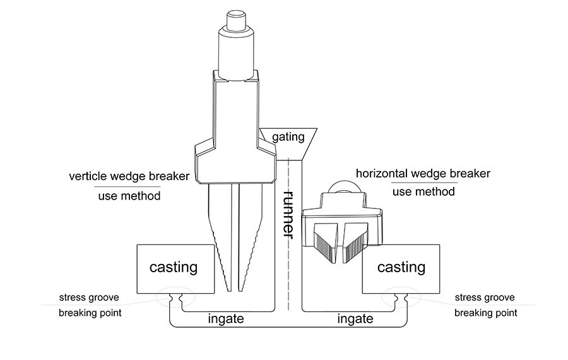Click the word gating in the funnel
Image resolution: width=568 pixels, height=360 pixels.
(288, 136)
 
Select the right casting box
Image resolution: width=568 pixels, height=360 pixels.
(401, 268)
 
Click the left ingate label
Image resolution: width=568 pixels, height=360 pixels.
(225, 319)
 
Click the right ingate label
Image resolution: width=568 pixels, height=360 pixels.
(355, 319)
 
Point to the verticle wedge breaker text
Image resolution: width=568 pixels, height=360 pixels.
(129, 176)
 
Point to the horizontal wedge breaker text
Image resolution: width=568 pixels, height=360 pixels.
(423, 173)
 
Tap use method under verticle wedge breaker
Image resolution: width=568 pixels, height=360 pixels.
(129, 196)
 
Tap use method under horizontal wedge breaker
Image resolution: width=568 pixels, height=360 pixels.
(423, 192)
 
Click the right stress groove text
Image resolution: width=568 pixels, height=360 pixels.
(485, 297)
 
